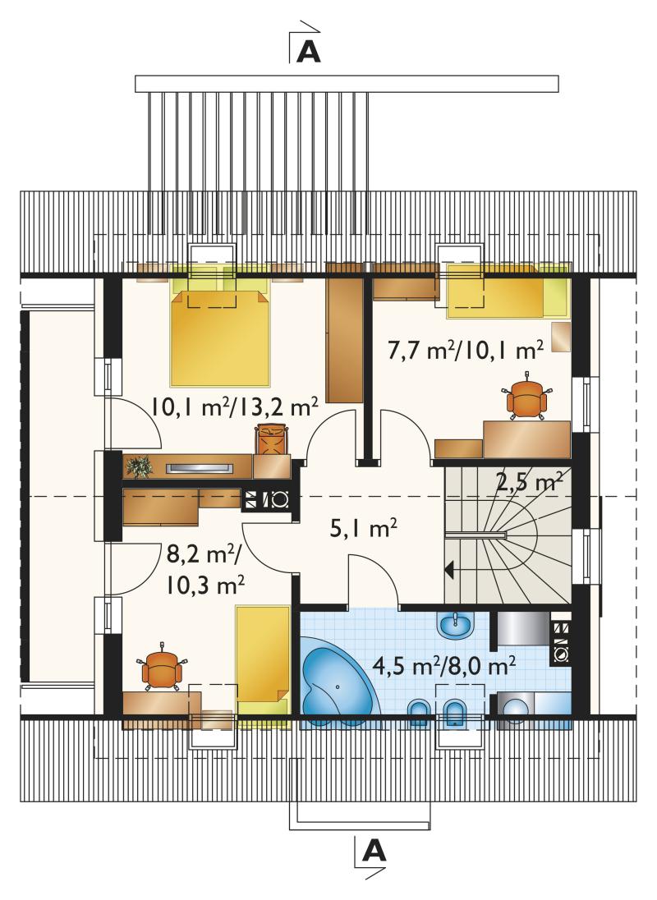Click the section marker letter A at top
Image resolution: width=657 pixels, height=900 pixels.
tap(308, 53)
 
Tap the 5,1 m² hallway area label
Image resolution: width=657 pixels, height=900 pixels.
tap(364, 528)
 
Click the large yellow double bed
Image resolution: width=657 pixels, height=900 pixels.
tap(220, 336)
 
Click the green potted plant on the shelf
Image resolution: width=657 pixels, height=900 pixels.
tap(138, 467)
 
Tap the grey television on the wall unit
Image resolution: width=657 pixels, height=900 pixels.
tap(200, 468)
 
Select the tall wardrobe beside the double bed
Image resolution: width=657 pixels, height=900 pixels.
tap(345, 333)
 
